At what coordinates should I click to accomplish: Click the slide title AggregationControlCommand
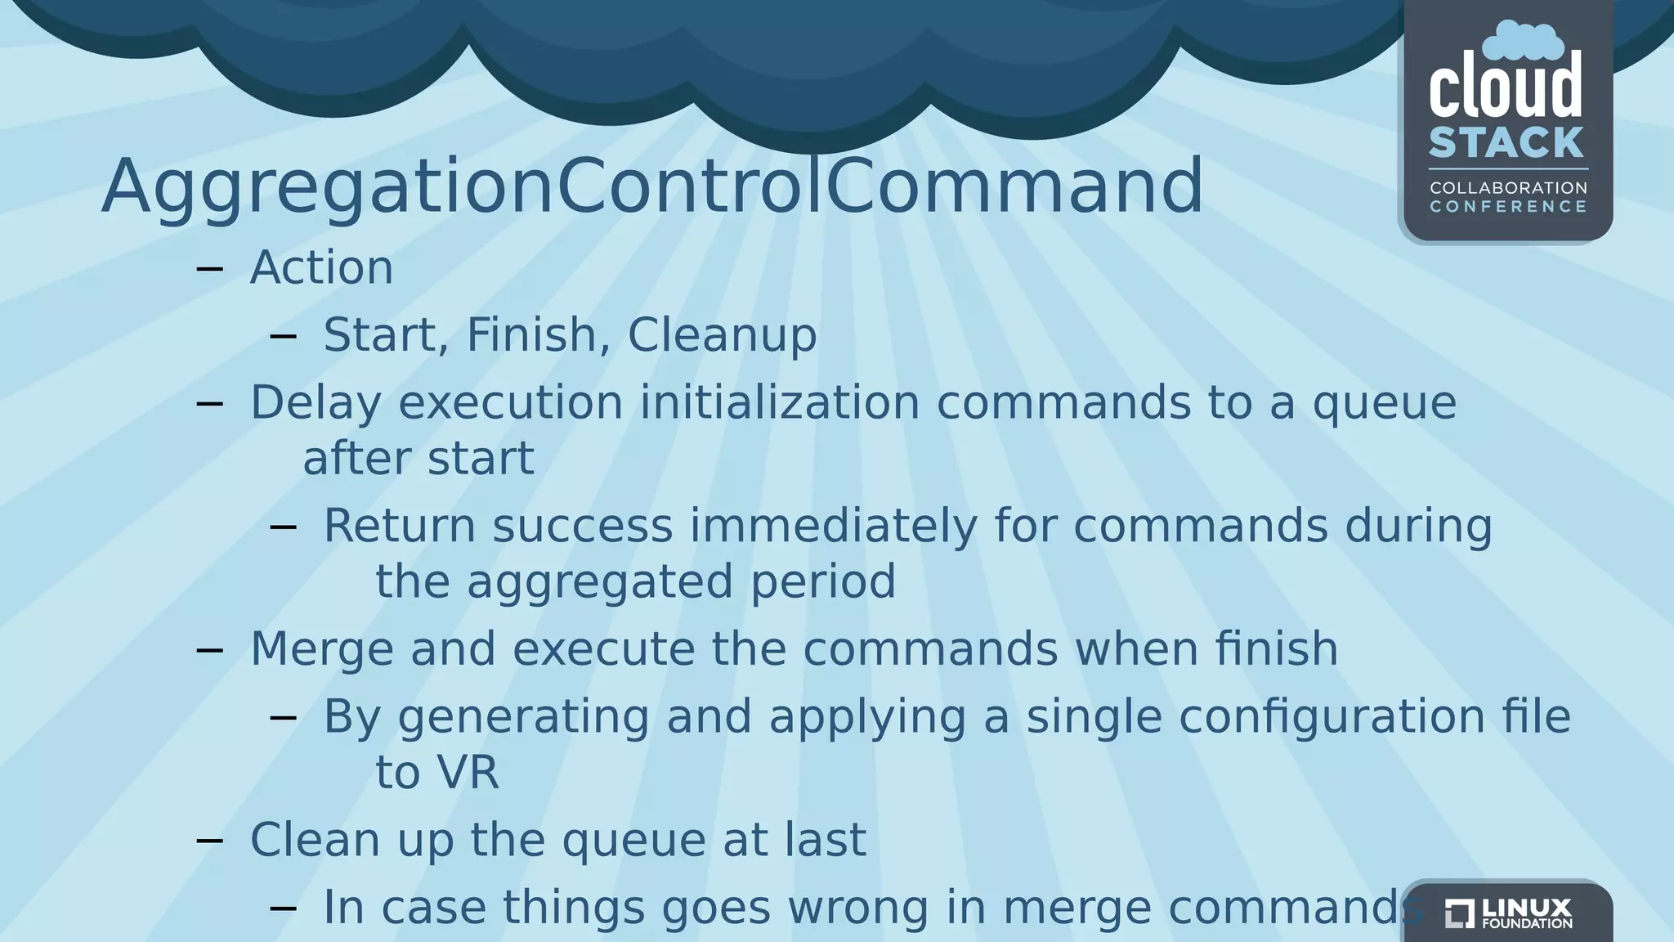pos(651,186)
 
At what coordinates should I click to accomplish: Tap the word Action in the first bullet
pos(321,267)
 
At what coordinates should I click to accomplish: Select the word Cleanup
pos(722,335)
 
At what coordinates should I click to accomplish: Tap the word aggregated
pos(599,582)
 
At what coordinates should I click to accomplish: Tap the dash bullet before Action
pos(210,268)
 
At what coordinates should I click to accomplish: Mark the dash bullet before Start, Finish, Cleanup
pos(283,335)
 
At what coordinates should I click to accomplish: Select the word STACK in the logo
pos(1506,143)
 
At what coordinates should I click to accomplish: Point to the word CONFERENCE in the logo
pos(1508,207)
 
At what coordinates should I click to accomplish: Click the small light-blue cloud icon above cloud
pos(1523,41)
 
